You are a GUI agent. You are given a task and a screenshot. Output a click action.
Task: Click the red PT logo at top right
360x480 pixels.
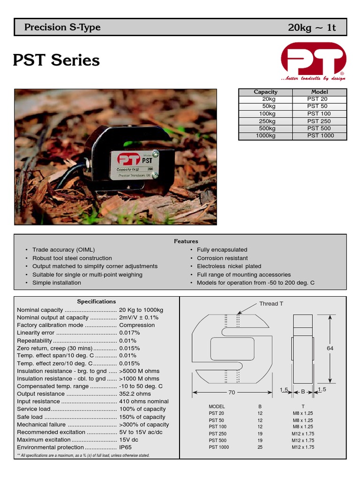tap(313, 60)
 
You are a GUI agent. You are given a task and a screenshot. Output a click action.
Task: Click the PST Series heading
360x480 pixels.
tap(56, 60)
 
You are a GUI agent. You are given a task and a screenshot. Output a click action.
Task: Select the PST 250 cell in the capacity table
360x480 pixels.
tap(319, 121)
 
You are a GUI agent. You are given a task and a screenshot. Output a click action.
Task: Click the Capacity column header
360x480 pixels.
tap(265, 92)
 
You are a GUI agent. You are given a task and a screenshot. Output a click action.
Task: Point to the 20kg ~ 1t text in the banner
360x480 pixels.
tap(312, 28)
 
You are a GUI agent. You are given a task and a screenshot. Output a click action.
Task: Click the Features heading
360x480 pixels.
tap(186, 241)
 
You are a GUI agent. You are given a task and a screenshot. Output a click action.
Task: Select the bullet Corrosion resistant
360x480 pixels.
tap(222, 258)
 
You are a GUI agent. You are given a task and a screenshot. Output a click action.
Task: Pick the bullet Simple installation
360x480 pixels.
tap(56, 283)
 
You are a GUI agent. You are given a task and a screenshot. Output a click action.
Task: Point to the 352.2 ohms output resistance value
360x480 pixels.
tap(135, 394)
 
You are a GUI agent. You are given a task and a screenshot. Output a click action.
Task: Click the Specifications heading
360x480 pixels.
tap(96, 301)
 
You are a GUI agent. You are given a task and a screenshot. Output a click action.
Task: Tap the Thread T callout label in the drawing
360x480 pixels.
tap(271, 304)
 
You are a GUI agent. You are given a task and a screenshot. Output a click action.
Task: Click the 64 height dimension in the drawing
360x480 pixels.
tap(330, 348)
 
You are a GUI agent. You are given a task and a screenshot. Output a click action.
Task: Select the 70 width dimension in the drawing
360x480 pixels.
tap(231, 392)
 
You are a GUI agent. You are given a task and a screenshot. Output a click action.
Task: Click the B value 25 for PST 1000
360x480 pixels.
tap(260, 447)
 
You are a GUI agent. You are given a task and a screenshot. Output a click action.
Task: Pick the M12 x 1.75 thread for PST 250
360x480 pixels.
tap(303, 434)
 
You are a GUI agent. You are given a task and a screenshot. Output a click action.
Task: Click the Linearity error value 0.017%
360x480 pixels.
tap(130, 333)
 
